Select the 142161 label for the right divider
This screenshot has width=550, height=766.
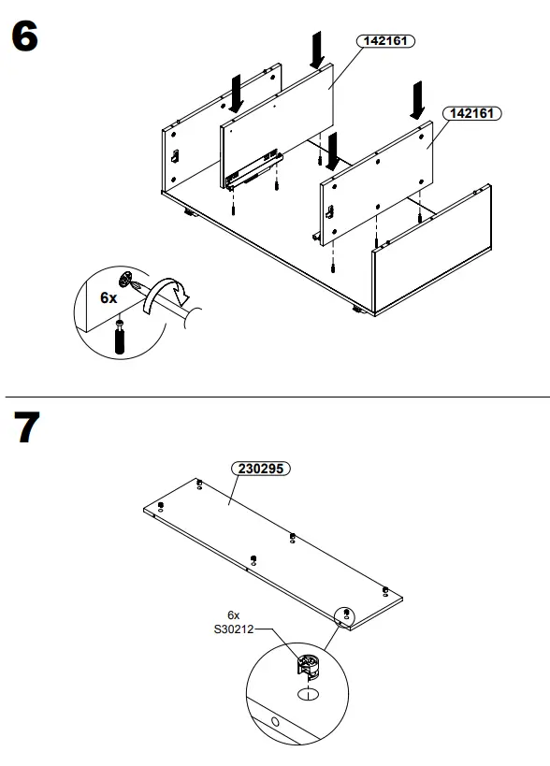[x=471, y=112]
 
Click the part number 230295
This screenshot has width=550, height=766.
[x=262, y=470]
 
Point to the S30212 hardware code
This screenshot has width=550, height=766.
[x=233, y=629]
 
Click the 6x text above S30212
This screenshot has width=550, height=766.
[x=234, y=615]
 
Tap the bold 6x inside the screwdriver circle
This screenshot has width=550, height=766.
[x=109, y=298]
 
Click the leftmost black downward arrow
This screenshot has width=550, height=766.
[x=238, y=92]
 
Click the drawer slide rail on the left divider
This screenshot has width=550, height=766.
[x=253, y=169]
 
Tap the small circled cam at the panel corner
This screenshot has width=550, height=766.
[x=347, y=614]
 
